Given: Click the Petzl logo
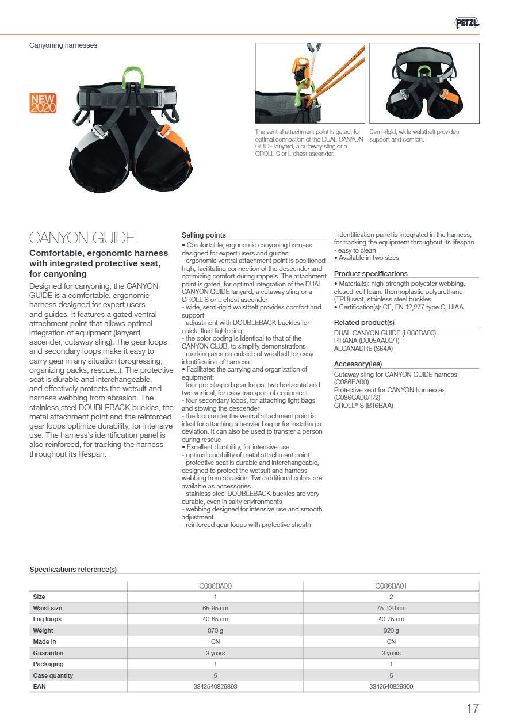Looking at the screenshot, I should pyautogui.click(x=467, y=23).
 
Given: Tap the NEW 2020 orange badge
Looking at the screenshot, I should pyautogui.click(x=43, y=104).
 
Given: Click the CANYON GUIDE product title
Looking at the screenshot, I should pyautogui.click(x=82, y=238).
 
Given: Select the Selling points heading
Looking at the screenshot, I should pyautogui.click(x=204, y=235).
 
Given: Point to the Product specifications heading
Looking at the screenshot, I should pyautogui.click(x=370, y=274).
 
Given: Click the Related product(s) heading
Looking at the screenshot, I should pyautogui.click(x=364, y=323).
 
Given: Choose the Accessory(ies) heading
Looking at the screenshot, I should pyautogui.click(x=358, y=364).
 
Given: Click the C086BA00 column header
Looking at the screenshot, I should pyautogui.click(x=215, y=586).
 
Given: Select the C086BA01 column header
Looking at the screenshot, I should pyautogui.click(x=391, y=586).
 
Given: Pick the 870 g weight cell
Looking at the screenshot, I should pyautogui.click(x=215, y=631).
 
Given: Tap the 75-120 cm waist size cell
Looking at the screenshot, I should pyautogui.click(x=391, y=608).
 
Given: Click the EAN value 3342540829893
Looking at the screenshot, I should pyautogui.click(x=215, y=686).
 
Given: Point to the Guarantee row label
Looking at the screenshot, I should pyautogui.click(x=48, y=653).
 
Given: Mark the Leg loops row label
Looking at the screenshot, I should pyautogui.click(x=47, y=620).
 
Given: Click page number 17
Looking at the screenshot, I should pyautogui.click(x=472, y=709).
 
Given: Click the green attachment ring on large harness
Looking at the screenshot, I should pyautogui.click(x=132, y=78).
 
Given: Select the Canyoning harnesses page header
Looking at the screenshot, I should pyautogui.click(x=63, y=45).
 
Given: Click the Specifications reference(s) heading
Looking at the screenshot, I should pyautogui.click(x=73, y=570).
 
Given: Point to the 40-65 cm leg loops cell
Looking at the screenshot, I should pyautogui.click(x=215, y=620).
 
